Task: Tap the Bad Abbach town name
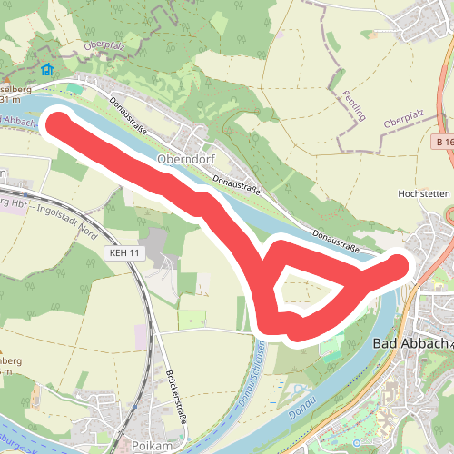pyautogui.click(x=411, y=344)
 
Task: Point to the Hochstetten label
pyautogui.click(x=424, y=193)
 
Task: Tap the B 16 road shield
pyautogui.click(x=443, y=143)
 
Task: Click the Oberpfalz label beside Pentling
pyautogui.click(x=404, y=123)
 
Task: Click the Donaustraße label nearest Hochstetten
pyautogui.click(x=337, y=241)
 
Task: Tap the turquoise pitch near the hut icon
pyautogui.click(x=73, y=87)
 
